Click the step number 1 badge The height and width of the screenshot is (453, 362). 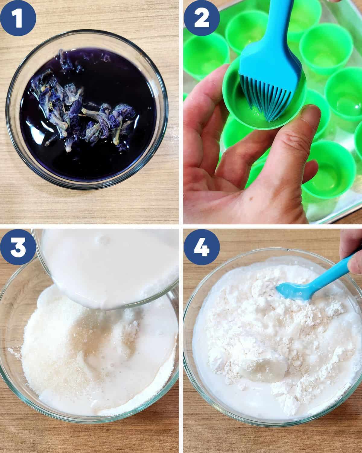point(18,18)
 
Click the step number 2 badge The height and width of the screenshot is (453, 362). point(202,18)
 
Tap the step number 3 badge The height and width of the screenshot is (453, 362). point(18,247)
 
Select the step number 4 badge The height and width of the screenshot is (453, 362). point(202,247)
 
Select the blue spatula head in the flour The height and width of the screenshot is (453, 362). point(292,291)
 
